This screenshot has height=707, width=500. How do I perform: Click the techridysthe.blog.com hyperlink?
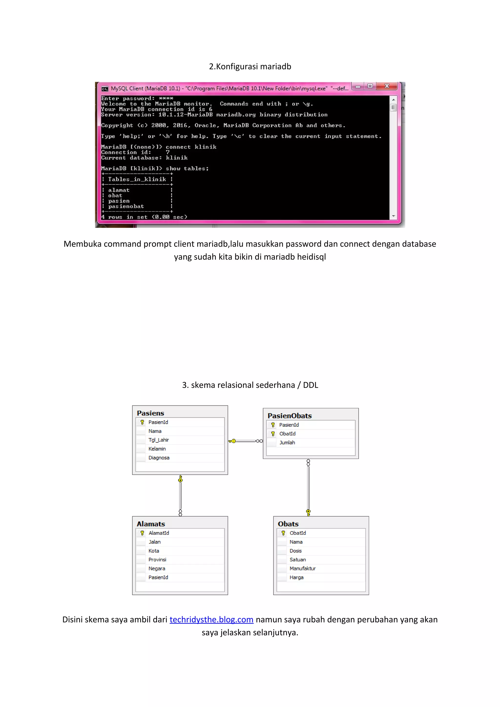[x=211, y=620]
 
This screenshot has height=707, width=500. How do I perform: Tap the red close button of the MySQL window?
[x=387, y=86]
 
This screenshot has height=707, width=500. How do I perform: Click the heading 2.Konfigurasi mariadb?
[x=250, y=67]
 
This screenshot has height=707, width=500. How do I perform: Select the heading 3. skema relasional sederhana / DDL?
[x=250, y=385]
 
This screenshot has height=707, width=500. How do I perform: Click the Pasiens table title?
[x=150, y=413]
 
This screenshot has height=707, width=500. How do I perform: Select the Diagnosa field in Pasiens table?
[x=159, y=458]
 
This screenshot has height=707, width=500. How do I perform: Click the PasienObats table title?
[x=290, y=416]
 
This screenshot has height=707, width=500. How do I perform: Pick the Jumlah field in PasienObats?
[x=287, y=443]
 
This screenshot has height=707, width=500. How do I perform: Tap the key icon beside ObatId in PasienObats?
[x=273, y=434]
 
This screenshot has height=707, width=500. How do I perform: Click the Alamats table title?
[x=151, y=524]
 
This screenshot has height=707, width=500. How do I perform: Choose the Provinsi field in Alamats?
[x=157, y=559]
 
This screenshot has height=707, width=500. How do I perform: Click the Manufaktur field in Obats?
[x=302, y=568]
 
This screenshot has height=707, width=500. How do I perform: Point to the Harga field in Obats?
[x=296, y=577]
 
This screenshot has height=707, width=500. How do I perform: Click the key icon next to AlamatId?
[x=142, y=533]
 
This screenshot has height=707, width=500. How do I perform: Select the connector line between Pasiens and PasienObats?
[x=246, y=441]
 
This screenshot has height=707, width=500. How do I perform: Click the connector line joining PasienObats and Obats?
[x=308, y=487]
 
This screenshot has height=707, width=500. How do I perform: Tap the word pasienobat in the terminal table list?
[x=126, y=206]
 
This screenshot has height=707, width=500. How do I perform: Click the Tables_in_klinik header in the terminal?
[x=137, y=179]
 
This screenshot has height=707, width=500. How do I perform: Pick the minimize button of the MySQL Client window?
[x=358, y=86]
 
